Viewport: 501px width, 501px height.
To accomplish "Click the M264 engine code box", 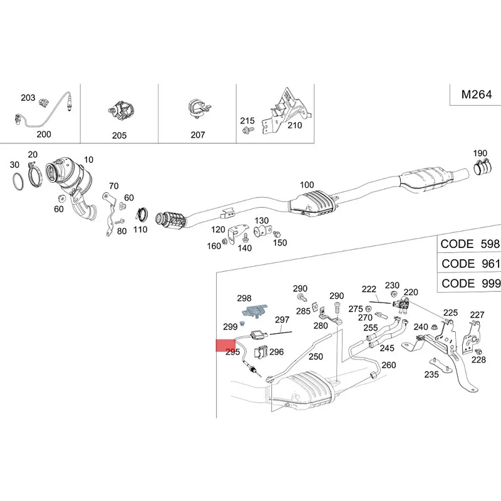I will pyautogui.click(x=477, y=95).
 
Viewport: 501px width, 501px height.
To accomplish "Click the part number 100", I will pyautogui.click(x=307, y=185).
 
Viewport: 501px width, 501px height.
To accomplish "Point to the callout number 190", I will pyautogui.click(x=480, y=153).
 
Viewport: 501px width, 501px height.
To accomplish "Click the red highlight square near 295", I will pyautogui.click(x=224, y=345).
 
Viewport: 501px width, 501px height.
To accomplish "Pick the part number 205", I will pyautogui.click(x=119, y=135).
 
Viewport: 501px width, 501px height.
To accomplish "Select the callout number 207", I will pyautogui.click(x=198, y=135).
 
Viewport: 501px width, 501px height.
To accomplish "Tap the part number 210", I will pyautogui.click(x=294, y=125).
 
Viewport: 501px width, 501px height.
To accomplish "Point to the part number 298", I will pyautogui.click(x=244, y=298).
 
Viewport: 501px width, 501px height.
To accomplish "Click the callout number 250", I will pyautogui.click(x=316, y=356).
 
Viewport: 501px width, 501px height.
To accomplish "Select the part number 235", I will pyautogui.click(x=431, y=375).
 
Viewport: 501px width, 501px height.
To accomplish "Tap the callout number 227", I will pyautogui.click(x=477, y=315).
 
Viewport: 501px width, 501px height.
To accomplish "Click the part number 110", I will pyautogui.click(x=140, y=230).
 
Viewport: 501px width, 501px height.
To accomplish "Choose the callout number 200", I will pyautogui.click(x=44, y=134).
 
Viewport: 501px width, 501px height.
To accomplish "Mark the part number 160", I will pyautogui.click(x=214, y=246).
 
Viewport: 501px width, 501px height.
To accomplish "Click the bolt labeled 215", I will pyautogui.click(x=247, y=131).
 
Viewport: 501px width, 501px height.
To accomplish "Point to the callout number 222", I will pyautogui.click(x=369, y=289).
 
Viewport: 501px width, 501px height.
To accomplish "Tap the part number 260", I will pyautogui.click(x=389, y=366).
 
